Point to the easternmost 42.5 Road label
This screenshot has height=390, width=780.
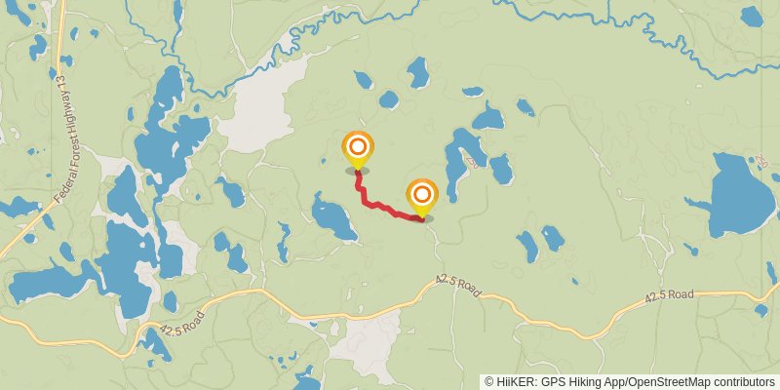tap(669, 294)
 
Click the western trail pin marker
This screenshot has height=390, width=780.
tap(358, 148)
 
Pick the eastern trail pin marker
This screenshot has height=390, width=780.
tap(421, 195)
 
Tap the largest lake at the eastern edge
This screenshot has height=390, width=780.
tap(741, 195)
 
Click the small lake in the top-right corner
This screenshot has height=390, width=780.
tap(752, 17)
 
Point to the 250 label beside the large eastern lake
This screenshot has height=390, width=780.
tap(761, 160)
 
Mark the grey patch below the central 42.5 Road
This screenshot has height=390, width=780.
tap(369, 341)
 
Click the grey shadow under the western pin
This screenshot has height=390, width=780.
tap(358, 171)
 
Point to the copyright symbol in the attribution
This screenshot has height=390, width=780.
tap(488, 381)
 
